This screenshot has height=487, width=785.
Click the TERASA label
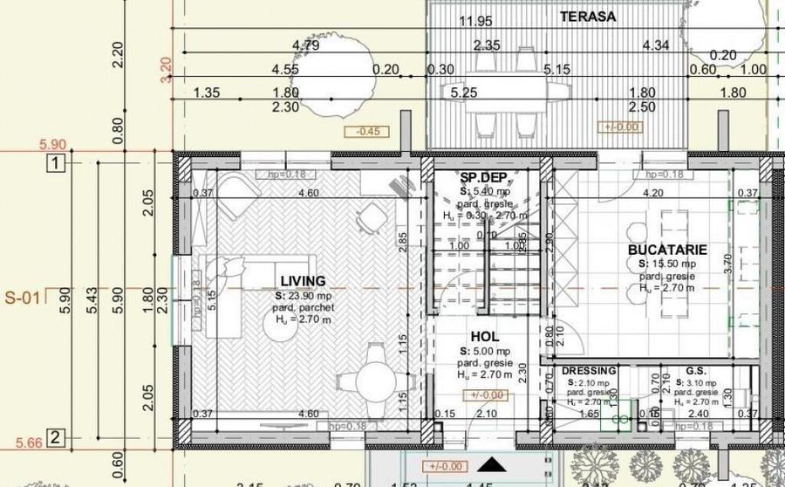pyautogui.click(x=588, y=17)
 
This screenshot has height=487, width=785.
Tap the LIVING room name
pyautogui.click(x=303, y=281)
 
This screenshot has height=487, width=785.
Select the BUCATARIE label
pyautogui.click(x=667, y=250)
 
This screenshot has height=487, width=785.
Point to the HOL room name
pyautogui.click(x=484, y=336)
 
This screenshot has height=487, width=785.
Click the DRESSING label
pyautogui.click(x=589, y=371)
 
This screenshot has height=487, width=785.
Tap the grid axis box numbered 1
pyautogui.click(x=55, y=163)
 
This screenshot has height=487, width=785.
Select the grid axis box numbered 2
pyautogui.click(x=55, y=437)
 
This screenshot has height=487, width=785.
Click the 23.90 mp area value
pyautogui.click(x=303, y=296)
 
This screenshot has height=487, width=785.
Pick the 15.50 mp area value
pyautogui.click(x=667, y=264)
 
